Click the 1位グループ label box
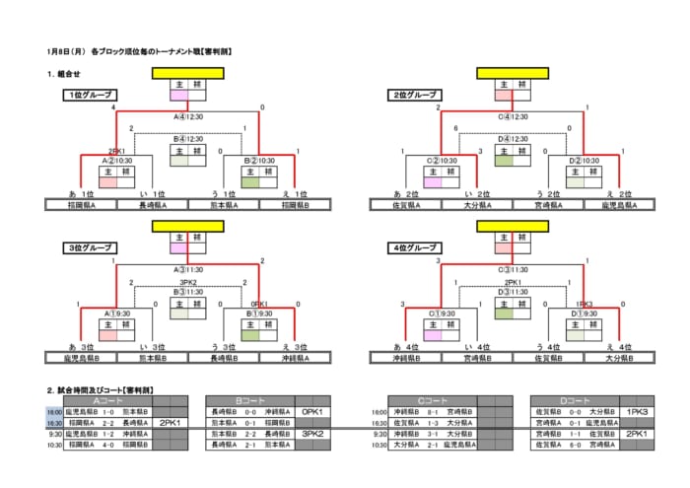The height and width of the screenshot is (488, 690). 89,95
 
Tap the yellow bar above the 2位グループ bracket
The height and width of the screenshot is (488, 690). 514,73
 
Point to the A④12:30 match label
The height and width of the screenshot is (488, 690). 187,115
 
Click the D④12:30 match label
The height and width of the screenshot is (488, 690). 513,139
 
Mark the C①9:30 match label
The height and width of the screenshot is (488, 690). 442,313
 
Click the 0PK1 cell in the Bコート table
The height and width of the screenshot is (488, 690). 313,412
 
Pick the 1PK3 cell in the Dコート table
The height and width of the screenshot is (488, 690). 638,412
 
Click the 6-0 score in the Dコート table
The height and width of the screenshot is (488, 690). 575,445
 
